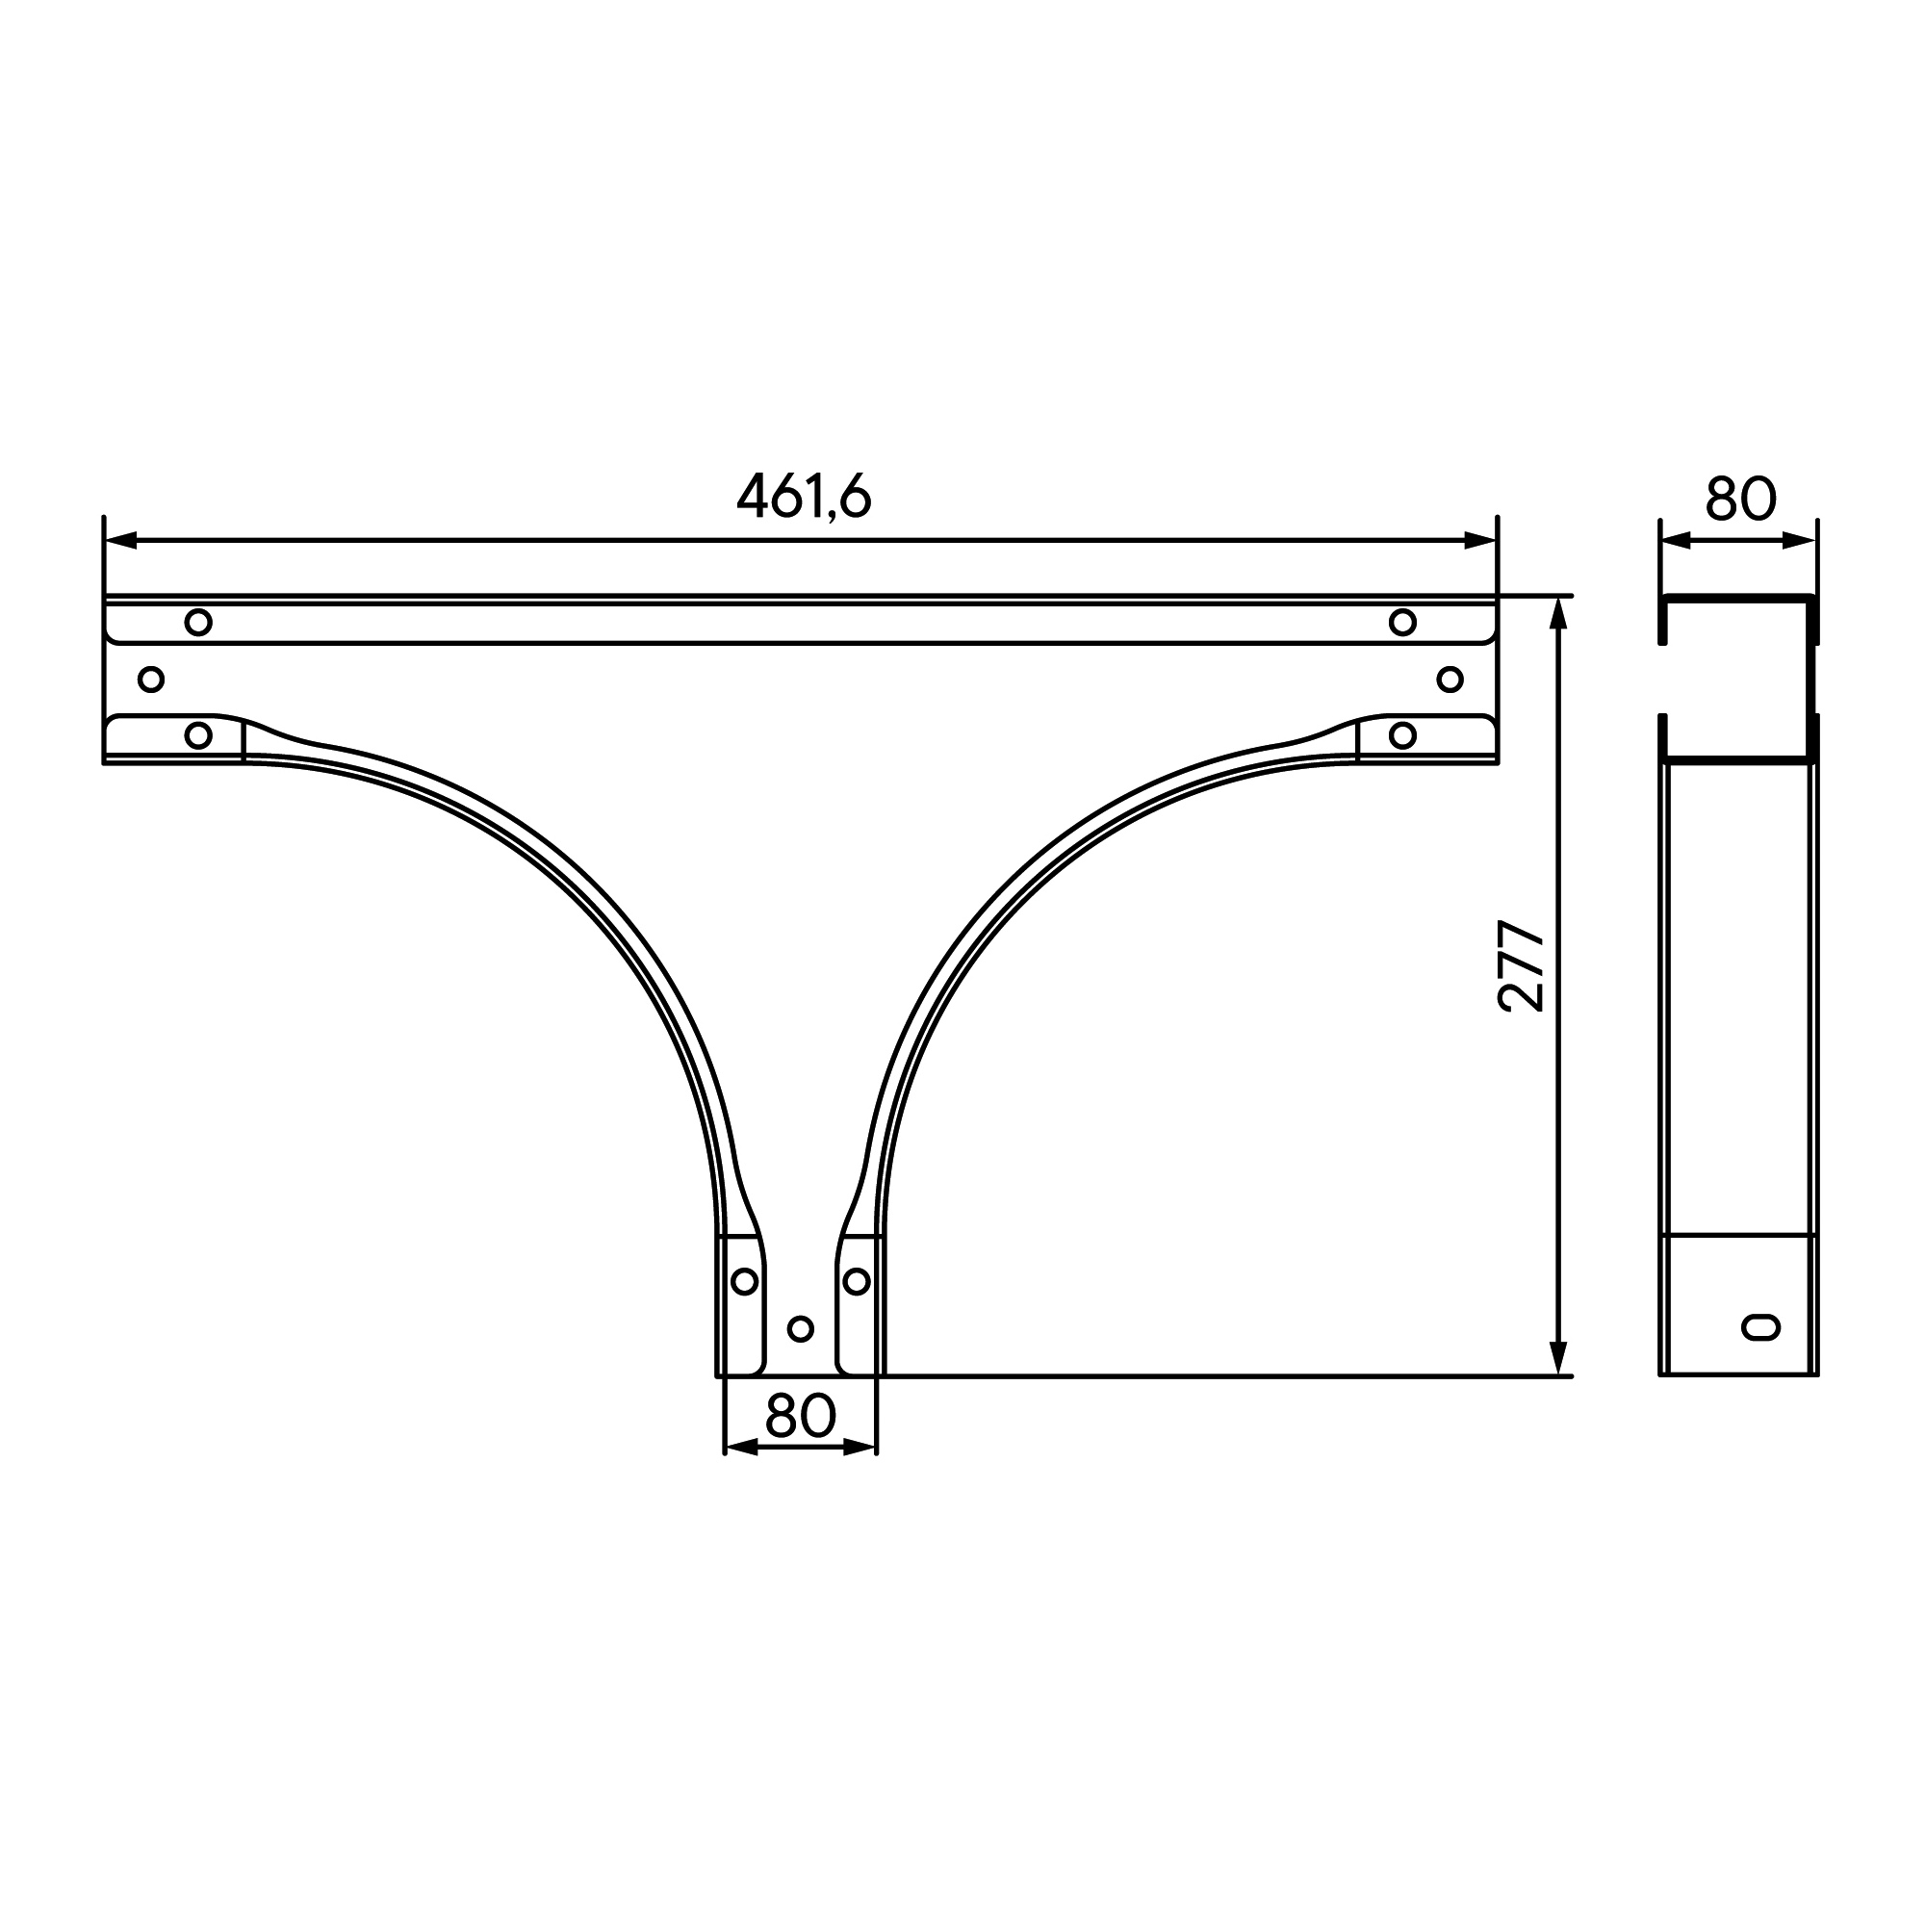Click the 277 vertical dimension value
(x=1522, y=966)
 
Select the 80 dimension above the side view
(x=1740, y=499)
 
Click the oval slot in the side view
(x=1761, y=1326)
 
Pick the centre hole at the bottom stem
(x=800, y=1328)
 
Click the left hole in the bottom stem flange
(x=744, y=1281)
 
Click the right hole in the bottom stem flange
(x=857, y=1281)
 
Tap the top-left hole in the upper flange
(x=198, y=623)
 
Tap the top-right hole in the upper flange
(x=1403, y=623)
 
